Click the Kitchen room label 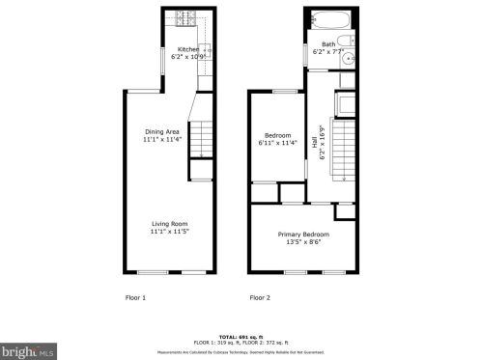[187, 49]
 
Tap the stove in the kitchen [186, 16]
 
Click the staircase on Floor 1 [199, 142]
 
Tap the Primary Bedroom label [303, 235]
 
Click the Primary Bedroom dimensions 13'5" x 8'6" [303, 242]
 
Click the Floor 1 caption [136, 297]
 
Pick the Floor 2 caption [260, 297]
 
